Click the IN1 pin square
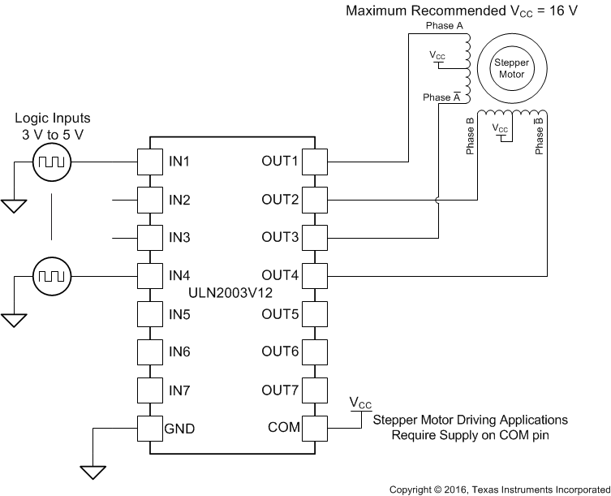point(150,162)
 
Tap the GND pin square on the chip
point(150,428)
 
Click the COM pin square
point(314,428)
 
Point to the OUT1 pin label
point(280,162)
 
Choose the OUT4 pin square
point(314,276)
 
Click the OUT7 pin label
point(280,390)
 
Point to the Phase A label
point(445,27)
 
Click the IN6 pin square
point(150,352)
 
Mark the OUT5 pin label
point(280,314)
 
